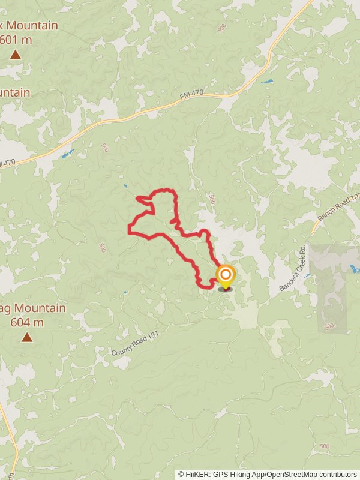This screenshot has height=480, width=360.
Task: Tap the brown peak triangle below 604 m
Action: (27, 337)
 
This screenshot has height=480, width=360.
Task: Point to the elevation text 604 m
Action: (28, 322)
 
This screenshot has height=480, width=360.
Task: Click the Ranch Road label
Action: (339, 206)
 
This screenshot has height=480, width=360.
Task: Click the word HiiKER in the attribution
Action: (197, 474)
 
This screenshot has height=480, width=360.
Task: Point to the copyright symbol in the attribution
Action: (181, 474)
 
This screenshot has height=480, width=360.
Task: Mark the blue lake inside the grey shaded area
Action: (354, 269)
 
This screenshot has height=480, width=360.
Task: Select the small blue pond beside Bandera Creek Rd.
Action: (307, 276)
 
